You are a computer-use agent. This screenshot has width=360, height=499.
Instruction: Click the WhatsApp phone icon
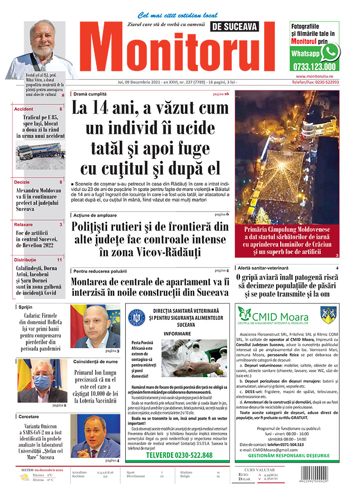(x=330, y=52)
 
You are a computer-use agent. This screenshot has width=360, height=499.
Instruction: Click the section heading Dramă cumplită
(x=90, y=94)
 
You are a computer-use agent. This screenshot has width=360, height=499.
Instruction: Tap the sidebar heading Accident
(x=24, y=109)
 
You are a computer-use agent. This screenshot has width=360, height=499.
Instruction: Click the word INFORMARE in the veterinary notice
(x=178, y=334)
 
